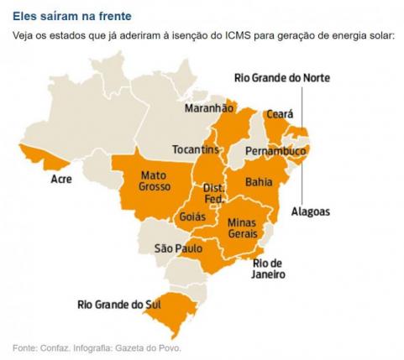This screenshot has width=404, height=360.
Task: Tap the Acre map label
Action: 60,180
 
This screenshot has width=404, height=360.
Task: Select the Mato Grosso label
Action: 155,180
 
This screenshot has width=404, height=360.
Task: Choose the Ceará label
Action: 279,113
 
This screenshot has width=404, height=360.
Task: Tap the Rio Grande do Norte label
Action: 281,78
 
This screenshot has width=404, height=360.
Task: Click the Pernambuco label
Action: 275,151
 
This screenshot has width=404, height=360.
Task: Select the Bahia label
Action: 258,181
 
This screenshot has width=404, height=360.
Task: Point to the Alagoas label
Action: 311,211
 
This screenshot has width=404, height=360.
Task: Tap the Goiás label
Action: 192,217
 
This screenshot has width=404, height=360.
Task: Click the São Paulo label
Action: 178,248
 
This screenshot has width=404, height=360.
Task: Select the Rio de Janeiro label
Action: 269,269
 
